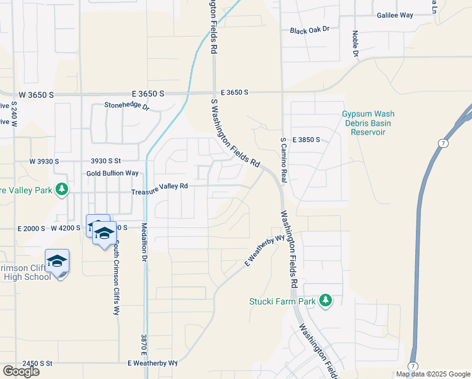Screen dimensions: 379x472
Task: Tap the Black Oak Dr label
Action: point(310,30)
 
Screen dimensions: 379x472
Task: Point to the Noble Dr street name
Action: point(356,44)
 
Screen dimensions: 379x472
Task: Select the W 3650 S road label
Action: point(36,94)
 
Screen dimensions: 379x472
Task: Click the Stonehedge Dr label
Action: point(126,106)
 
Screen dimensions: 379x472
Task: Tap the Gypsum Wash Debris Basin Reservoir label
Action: point(368,123)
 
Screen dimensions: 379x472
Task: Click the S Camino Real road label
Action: point(283,160)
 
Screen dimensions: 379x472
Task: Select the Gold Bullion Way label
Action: point(112,173)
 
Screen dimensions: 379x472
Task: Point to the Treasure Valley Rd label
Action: point(160,186)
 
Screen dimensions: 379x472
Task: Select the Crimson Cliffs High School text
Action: point(27,272)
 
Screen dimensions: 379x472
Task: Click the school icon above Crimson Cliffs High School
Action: point(57,260)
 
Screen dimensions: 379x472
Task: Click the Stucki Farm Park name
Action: point(282,301)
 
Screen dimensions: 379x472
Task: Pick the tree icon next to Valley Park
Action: point(62,189)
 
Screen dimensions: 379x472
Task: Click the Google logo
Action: point(21,371)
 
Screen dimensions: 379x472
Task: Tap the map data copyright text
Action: point(432,374)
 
